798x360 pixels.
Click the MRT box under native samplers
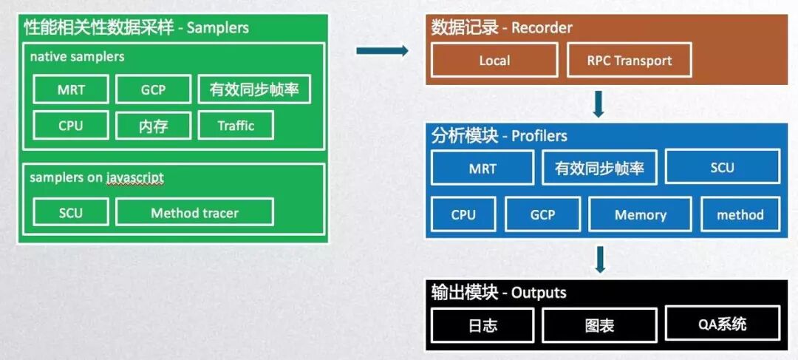71,90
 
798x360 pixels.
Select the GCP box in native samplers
153,90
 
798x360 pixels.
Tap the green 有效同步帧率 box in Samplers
253,90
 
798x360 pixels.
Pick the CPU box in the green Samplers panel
71,126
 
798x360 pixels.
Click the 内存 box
153,126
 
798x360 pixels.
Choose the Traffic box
236,126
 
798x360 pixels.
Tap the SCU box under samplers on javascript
71,213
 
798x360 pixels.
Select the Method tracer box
194,213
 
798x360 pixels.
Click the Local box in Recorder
494,61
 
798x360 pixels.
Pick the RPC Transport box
630,61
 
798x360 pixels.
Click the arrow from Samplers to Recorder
382,51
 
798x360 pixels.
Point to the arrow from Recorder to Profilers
598,104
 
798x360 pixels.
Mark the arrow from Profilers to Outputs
600,259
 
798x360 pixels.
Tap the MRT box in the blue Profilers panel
482,168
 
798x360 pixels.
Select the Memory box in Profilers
640,215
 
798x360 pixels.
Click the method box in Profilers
740,215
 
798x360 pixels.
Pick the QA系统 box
723,324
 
